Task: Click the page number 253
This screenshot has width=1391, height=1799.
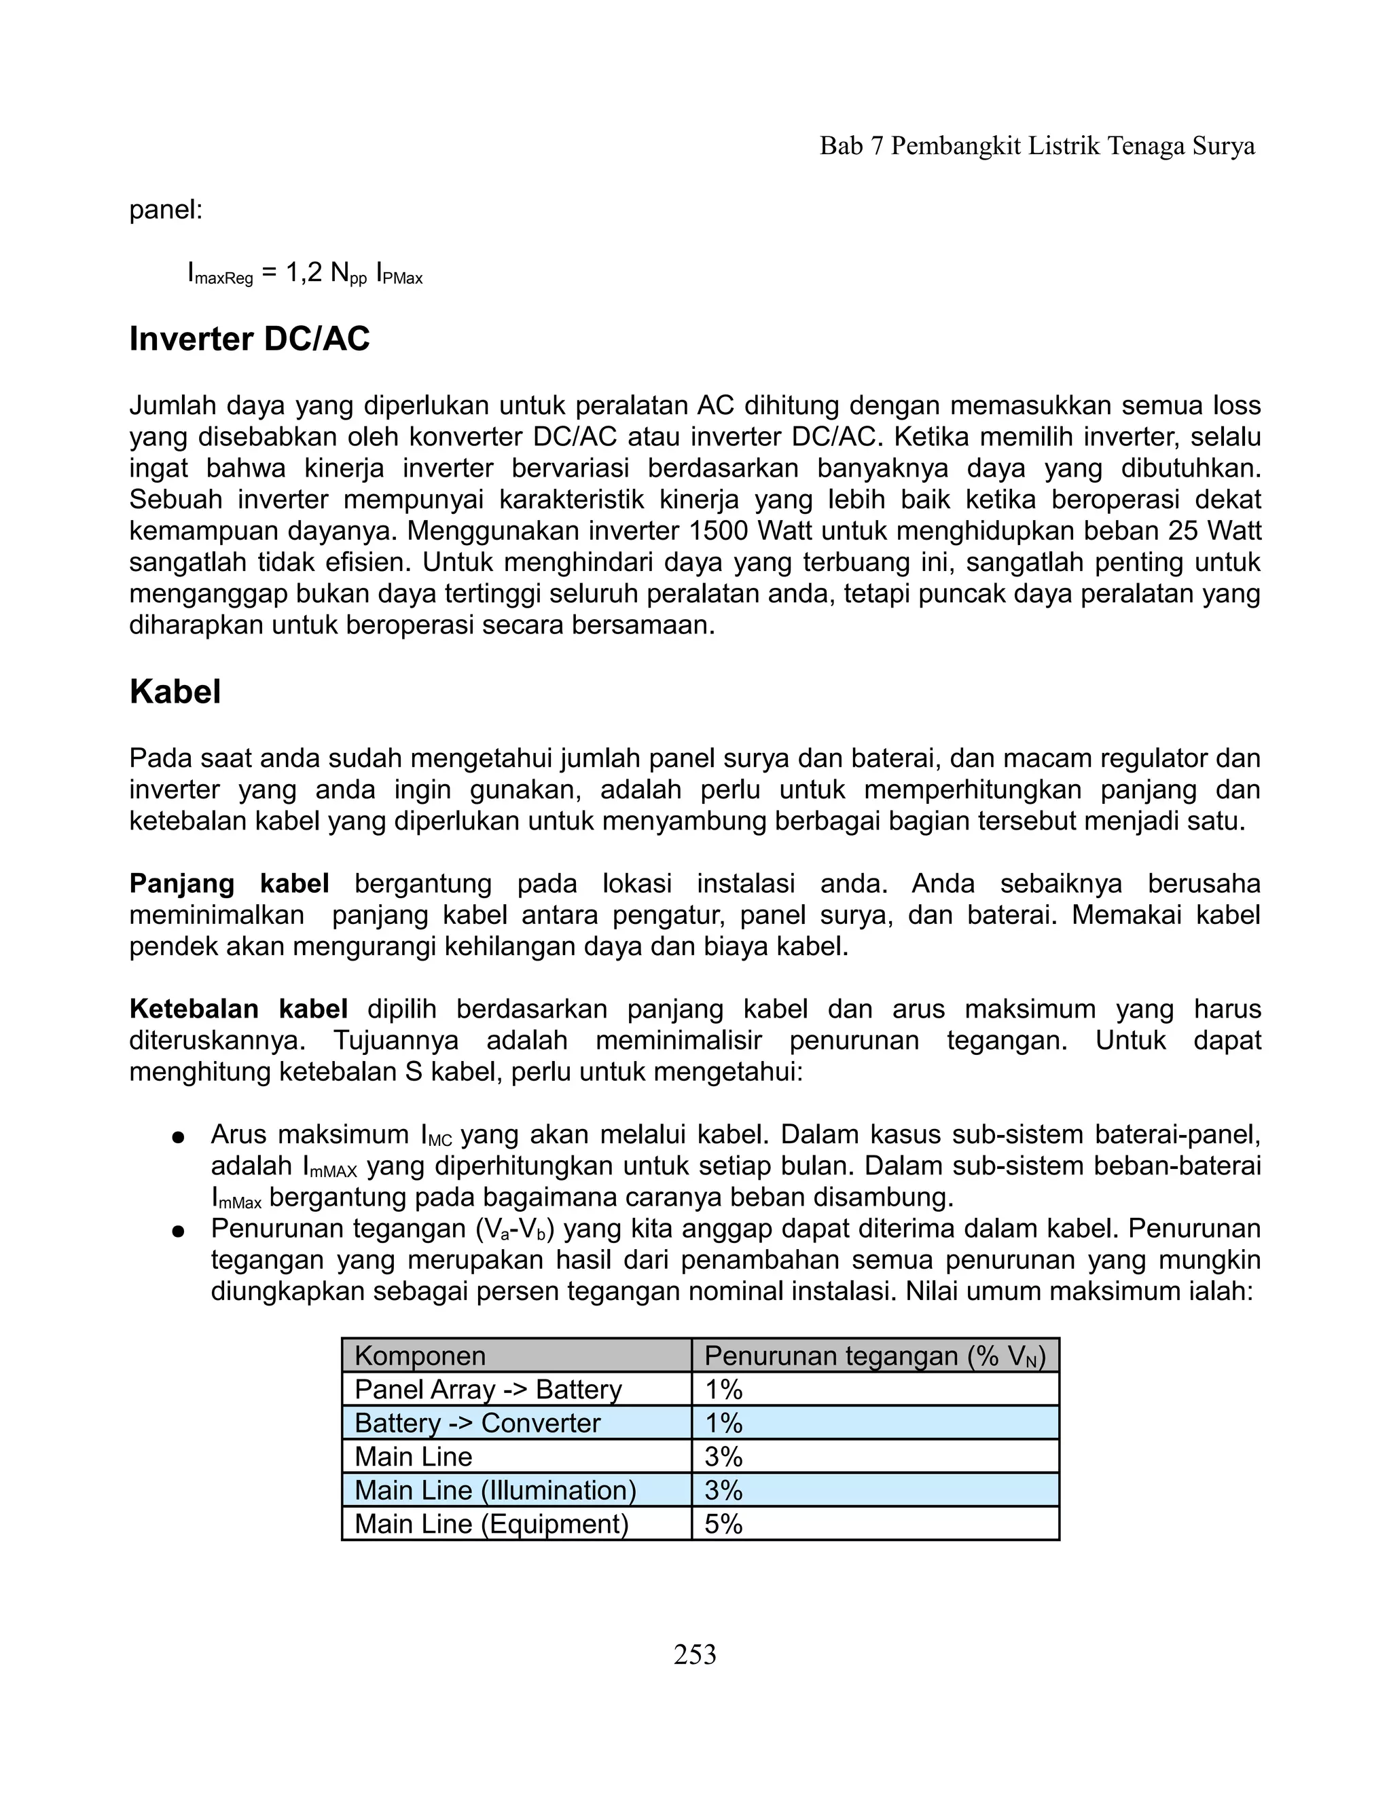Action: point(695,1654)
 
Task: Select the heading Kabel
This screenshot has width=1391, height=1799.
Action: point(175,692)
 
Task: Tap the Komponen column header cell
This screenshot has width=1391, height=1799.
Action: point(420,1356)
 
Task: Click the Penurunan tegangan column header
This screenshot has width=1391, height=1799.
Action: point(874,1356)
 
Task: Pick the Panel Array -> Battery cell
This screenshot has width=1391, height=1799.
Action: point(488,1390)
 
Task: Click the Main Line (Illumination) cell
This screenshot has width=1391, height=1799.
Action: point(495,1490)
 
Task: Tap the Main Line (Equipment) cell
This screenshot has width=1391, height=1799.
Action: point(491,1524)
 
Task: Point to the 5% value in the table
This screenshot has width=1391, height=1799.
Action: point(723,1524)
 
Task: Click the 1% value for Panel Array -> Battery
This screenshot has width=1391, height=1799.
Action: point(723,1390)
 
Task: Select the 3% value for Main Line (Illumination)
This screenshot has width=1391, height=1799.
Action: point(723,1490)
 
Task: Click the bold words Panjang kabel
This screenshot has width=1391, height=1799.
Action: point(229,884)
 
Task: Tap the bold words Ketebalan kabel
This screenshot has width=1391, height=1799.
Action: point(238,1009)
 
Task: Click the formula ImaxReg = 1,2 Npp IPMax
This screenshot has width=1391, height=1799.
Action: point(305,274)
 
